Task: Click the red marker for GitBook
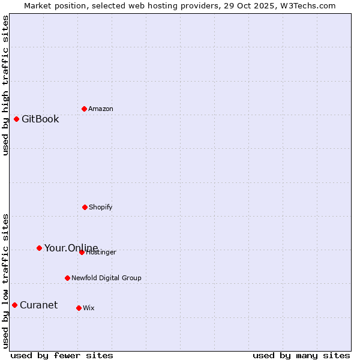[16, 119]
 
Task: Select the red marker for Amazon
[84, 109]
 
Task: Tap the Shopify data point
[85, 207]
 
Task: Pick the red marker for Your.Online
[39, 248]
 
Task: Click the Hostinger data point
[82, 252]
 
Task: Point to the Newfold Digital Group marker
[67, 278]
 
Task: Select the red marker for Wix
[79, 308]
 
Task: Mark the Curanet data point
[14, 305]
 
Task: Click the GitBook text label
[40, 119]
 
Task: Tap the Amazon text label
[101, 109]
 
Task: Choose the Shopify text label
[101, 207]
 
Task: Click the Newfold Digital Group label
[106, 278]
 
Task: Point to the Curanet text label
[38, 305]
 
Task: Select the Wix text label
[89, 308]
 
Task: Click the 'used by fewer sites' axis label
[62, 355]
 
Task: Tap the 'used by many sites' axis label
[301, 355]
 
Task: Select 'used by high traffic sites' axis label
[5, 85]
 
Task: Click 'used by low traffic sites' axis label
[5, 280]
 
